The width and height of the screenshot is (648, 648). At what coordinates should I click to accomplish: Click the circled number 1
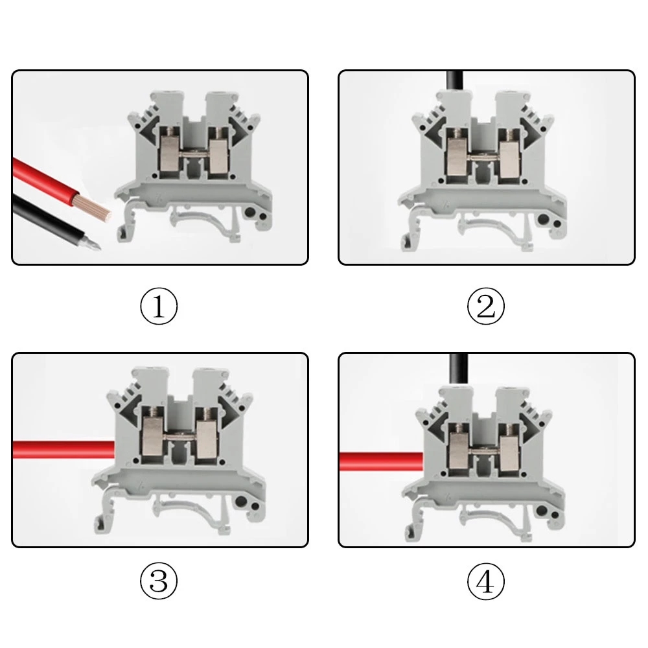click(159, 307)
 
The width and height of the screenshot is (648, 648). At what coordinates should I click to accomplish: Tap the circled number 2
click(485, 307)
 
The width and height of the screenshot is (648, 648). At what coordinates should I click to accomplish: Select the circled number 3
click(159, 581)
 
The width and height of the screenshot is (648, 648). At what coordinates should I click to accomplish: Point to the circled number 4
click(485, 581)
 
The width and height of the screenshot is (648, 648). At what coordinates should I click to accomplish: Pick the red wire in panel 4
click(381, 461)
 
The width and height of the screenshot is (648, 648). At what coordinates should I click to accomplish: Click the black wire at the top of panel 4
click(458, 370)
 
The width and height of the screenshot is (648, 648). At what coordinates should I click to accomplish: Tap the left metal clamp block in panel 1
click(168, 154)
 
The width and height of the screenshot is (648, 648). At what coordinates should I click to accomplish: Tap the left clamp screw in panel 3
click(154, 413)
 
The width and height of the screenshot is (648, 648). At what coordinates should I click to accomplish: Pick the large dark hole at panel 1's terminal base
click(250, 213)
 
